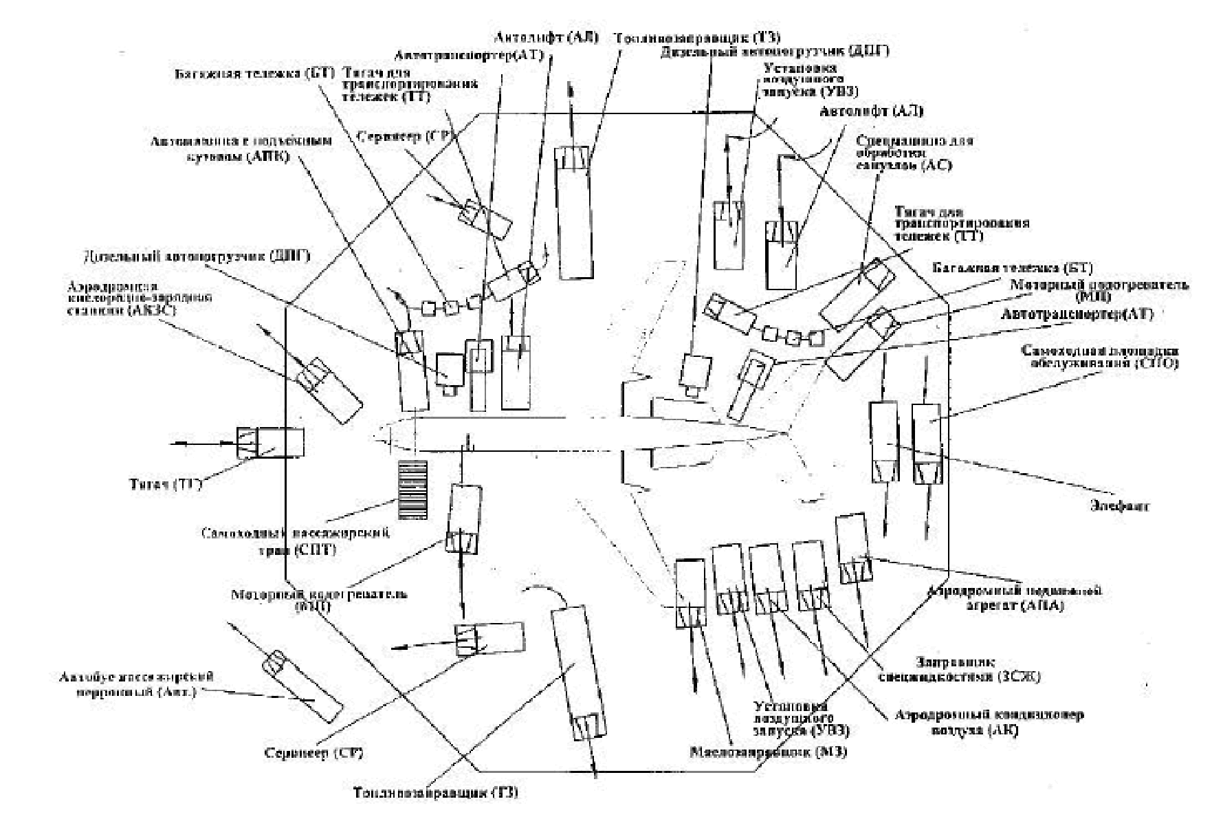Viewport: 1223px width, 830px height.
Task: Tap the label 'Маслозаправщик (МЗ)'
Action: pos(768,752)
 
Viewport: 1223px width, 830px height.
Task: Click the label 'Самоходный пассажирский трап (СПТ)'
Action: pos(296,541)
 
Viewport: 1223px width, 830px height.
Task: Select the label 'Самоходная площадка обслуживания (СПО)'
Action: pos(1099,356)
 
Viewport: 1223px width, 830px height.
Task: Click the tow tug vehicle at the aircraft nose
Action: pos(269,443)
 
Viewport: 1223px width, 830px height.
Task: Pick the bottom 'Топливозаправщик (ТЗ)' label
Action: pos(435,792)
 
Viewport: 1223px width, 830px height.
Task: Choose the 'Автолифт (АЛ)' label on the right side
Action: pos(871,111)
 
